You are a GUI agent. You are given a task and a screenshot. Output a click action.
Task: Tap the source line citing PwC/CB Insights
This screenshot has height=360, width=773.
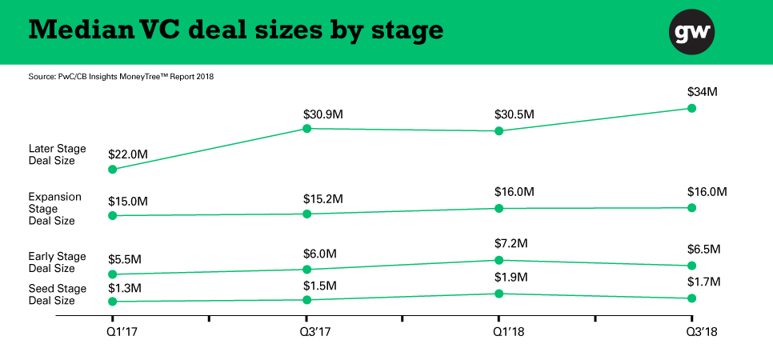[121, 77]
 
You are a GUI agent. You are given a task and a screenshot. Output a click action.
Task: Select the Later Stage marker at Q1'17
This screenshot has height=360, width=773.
[113, 170]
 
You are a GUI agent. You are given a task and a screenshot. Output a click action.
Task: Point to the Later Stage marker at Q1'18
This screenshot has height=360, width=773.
[499, 130]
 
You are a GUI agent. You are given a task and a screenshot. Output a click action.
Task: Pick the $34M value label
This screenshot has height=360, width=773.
[702, 92]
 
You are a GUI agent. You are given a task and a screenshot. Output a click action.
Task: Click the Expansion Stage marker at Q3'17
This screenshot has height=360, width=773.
[306, 214]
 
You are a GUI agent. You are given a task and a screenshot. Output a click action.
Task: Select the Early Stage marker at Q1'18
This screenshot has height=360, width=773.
[499, 260]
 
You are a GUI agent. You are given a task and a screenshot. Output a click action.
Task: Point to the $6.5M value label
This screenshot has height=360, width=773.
[704, 250]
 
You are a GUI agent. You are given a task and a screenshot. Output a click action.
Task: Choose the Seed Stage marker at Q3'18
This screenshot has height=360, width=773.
[692, 298]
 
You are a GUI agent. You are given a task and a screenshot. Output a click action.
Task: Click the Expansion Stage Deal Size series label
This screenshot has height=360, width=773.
[52, 208]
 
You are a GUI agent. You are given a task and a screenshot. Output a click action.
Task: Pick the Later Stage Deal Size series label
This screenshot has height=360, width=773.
[57, 154]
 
